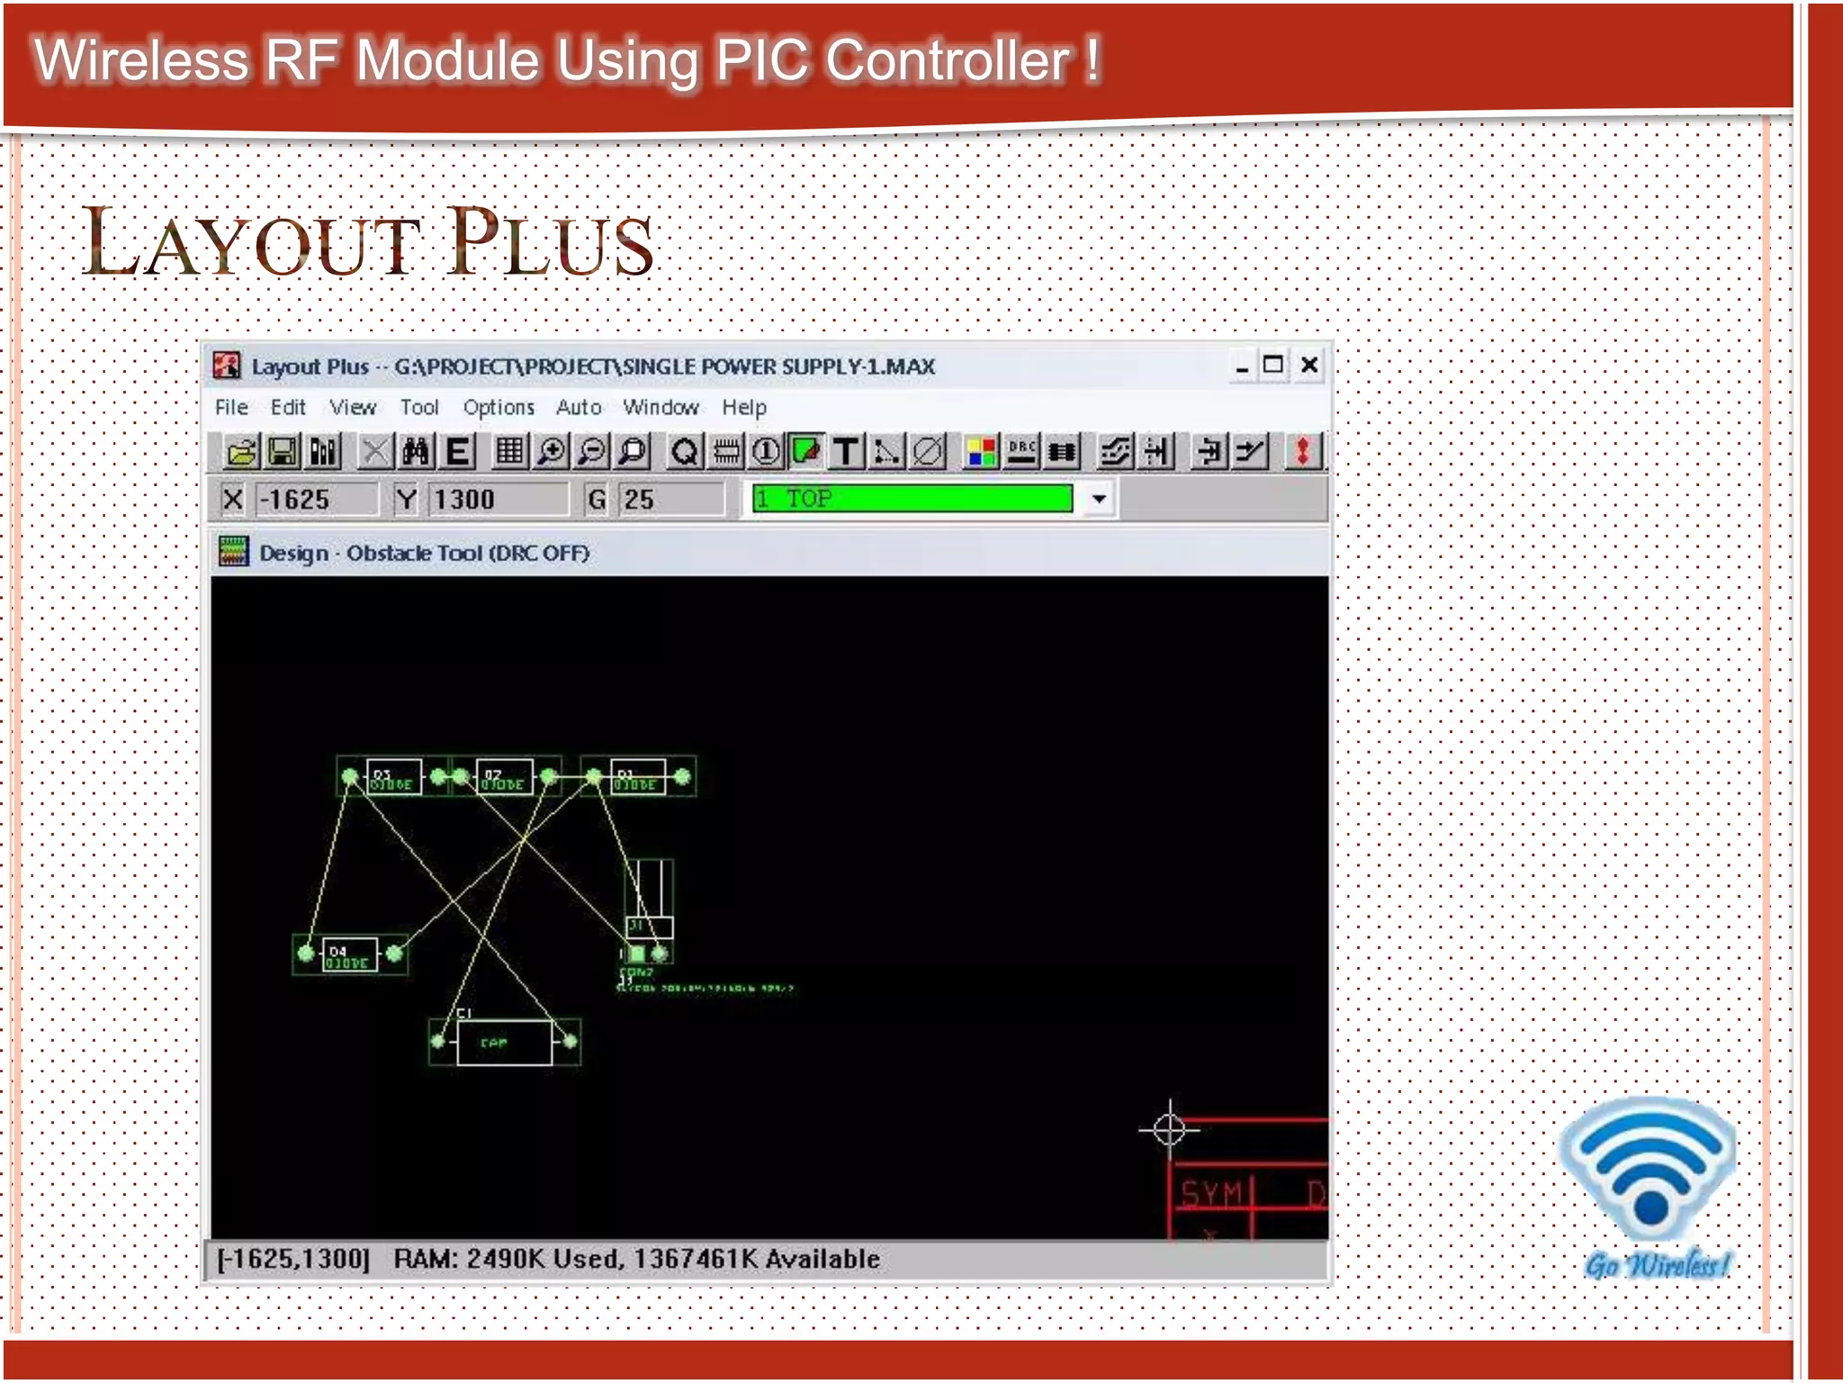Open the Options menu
499,407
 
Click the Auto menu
579,407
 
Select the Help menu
743,407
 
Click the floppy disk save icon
283,451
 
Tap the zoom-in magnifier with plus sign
552,451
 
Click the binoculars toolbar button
416,451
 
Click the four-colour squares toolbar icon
980,451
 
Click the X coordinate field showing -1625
316,499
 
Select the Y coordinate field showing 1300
498,499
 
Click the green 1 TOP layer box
912,499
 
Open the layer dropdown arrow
1099,499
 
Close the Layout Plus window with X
1309,365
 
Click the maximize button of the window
1273,365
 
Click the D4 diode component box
349,954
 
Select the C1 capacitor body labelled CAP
504,1043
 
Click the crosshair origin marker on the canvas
1169,1128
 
